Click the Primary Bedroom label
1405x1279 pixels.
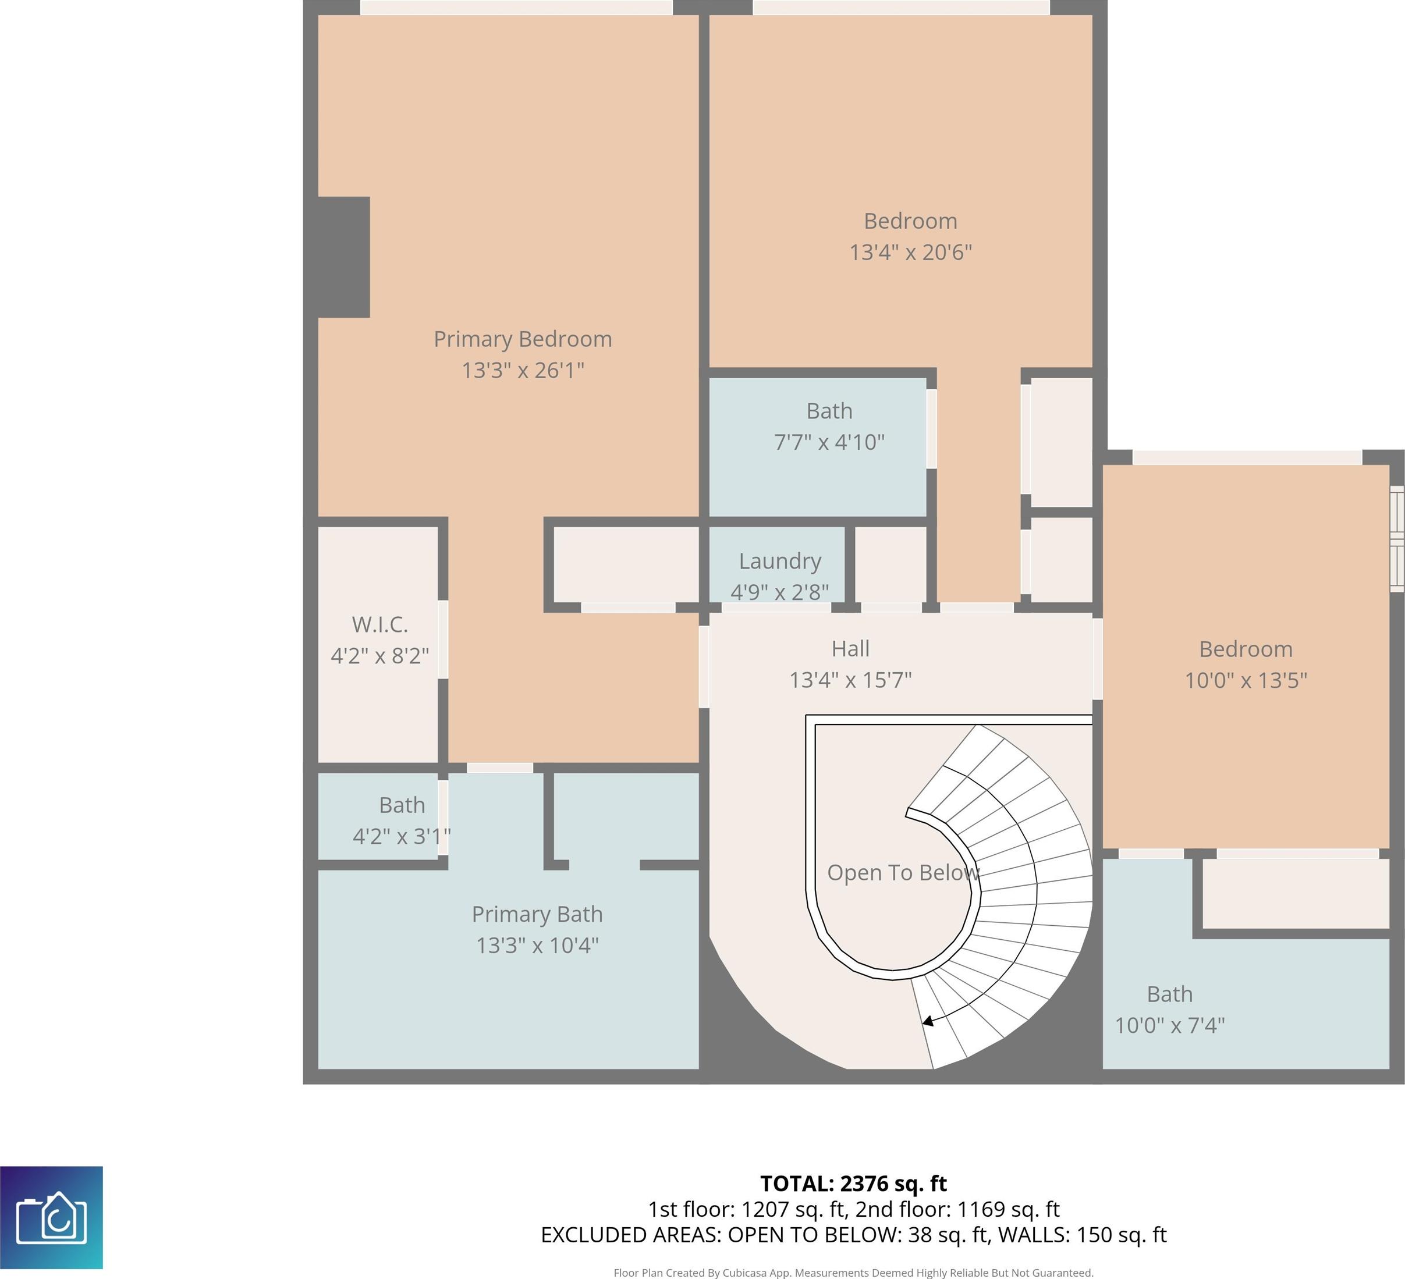[523, 339]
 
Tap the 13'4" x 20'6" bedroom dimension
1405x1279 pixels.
[910, 251]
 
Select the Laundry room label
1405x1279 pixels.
[780, 561]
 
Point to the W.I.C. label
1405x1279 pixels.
[380, 624]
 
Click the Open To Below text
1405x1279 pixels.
[903, 872]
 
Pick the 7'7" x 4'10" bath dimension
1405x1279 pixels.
[829, 442]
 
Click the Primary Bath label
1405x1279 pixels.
[537, 914]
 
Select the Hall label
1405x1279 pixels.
[850, 649]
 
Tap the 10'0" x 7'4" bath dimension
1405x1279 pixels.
[1169, 1025]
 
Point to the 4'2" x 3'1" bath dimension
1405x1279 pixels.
[402, 836]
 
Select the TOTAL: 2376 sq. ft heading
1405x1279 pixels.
[853, 1184]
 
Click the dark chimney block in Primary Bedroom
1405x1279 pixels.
[343, 257]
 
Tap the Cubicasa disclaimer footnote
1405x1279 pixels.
[853, 1273]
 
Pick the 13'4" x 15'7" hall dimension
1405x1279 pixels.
[850, 679]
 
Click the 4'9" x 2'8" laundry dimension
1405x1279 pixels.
[780, 592]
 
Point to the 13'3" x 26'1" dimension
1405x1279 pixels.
[523, 370]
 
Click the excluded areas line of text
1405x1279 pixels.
[853, 1234]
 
